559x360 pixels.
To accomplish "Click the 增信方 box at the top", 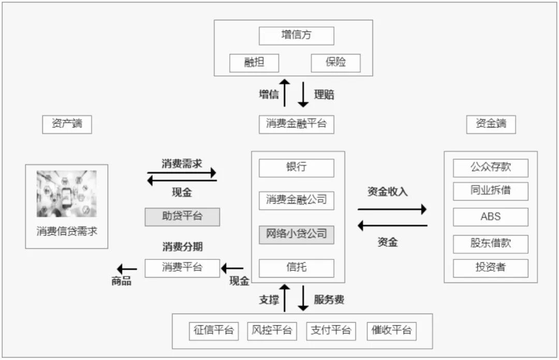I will (296, 36).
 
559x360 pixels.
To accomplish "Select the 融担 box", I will (254, 63).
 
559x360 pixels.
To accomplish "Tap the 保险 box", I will (335, 63).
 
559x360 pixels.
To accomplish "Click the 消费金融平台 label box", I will (296, 124).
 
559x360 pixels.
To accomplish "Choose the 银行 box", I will (296, 168).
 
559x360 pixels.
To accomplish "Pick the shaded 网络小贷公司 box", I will (296, 234).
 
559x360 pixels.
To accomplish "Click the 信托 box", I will (296, 268).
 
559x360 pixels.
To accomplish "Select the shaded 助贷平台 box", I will (182, 217).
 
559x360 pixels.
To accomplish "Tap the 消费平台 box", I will (182, 268).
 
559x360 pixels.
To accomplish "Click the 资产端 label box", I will (67, 124).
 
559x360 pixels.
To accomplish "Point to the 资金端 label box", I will (491, 124).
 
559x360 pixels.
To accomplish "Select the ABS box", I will (491, 217).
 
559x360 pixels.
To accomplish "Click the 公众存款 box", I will (491, 168).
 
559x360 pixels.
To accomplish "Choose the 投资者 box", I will (491, 268).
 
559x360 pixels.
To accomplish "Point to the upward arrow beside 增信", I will (284, 93).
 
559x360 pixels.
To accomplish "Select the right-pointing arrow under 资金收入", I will (392, 209).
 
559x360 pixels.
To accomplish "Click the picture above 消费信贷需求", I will (66, 194).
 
